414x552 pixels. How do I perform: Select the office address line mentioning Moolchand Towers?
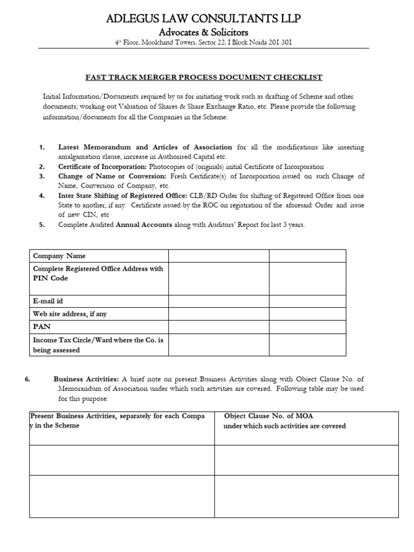[x=204, y=43]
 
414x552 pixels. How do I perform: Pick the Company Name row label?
[x=59, y=256]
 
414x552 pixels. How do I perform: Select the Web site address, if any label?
[x=73, y=314]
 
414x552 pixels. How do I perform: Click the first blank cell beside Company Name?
[x=218, y=256]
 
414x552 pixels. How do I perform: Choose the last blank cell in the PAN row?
[x=307, y=326]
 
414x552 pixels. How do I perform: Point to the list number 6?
[x=28, y=379]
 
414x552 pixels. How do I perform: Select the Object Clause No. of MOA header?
[x=268, y=416]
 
